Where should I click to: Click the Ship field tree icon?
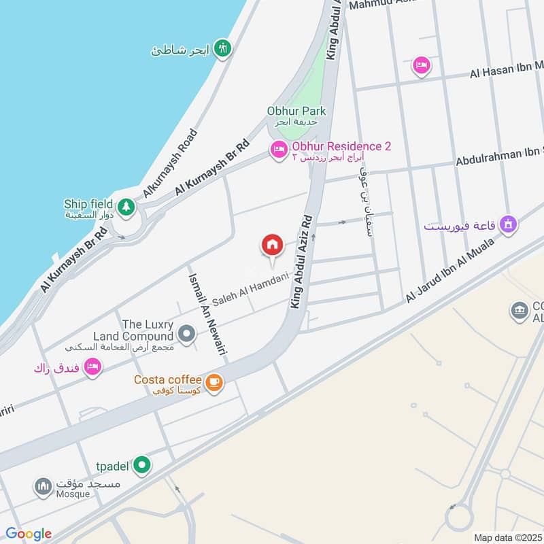pos(126,207)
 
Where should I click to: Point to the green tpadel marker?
pos(141,465)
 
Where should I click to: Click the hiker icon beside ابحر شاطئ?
pos(222,48)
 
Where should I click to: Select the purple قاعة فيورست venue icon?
pos(507,224)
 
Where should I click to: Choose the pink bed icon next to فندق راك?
pos(93,367)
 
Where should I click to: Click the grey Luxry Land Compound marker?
pos(186,334)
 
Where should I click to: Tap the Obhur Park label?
pos(296,111)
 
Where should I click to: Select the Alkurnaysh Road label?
pos(168,163)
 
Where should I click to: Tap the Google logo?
pos(29,534)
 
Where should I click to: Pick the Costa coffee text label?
pos(167,379)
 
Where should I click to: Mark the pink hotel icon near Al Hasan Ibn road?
pos(421,65)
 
